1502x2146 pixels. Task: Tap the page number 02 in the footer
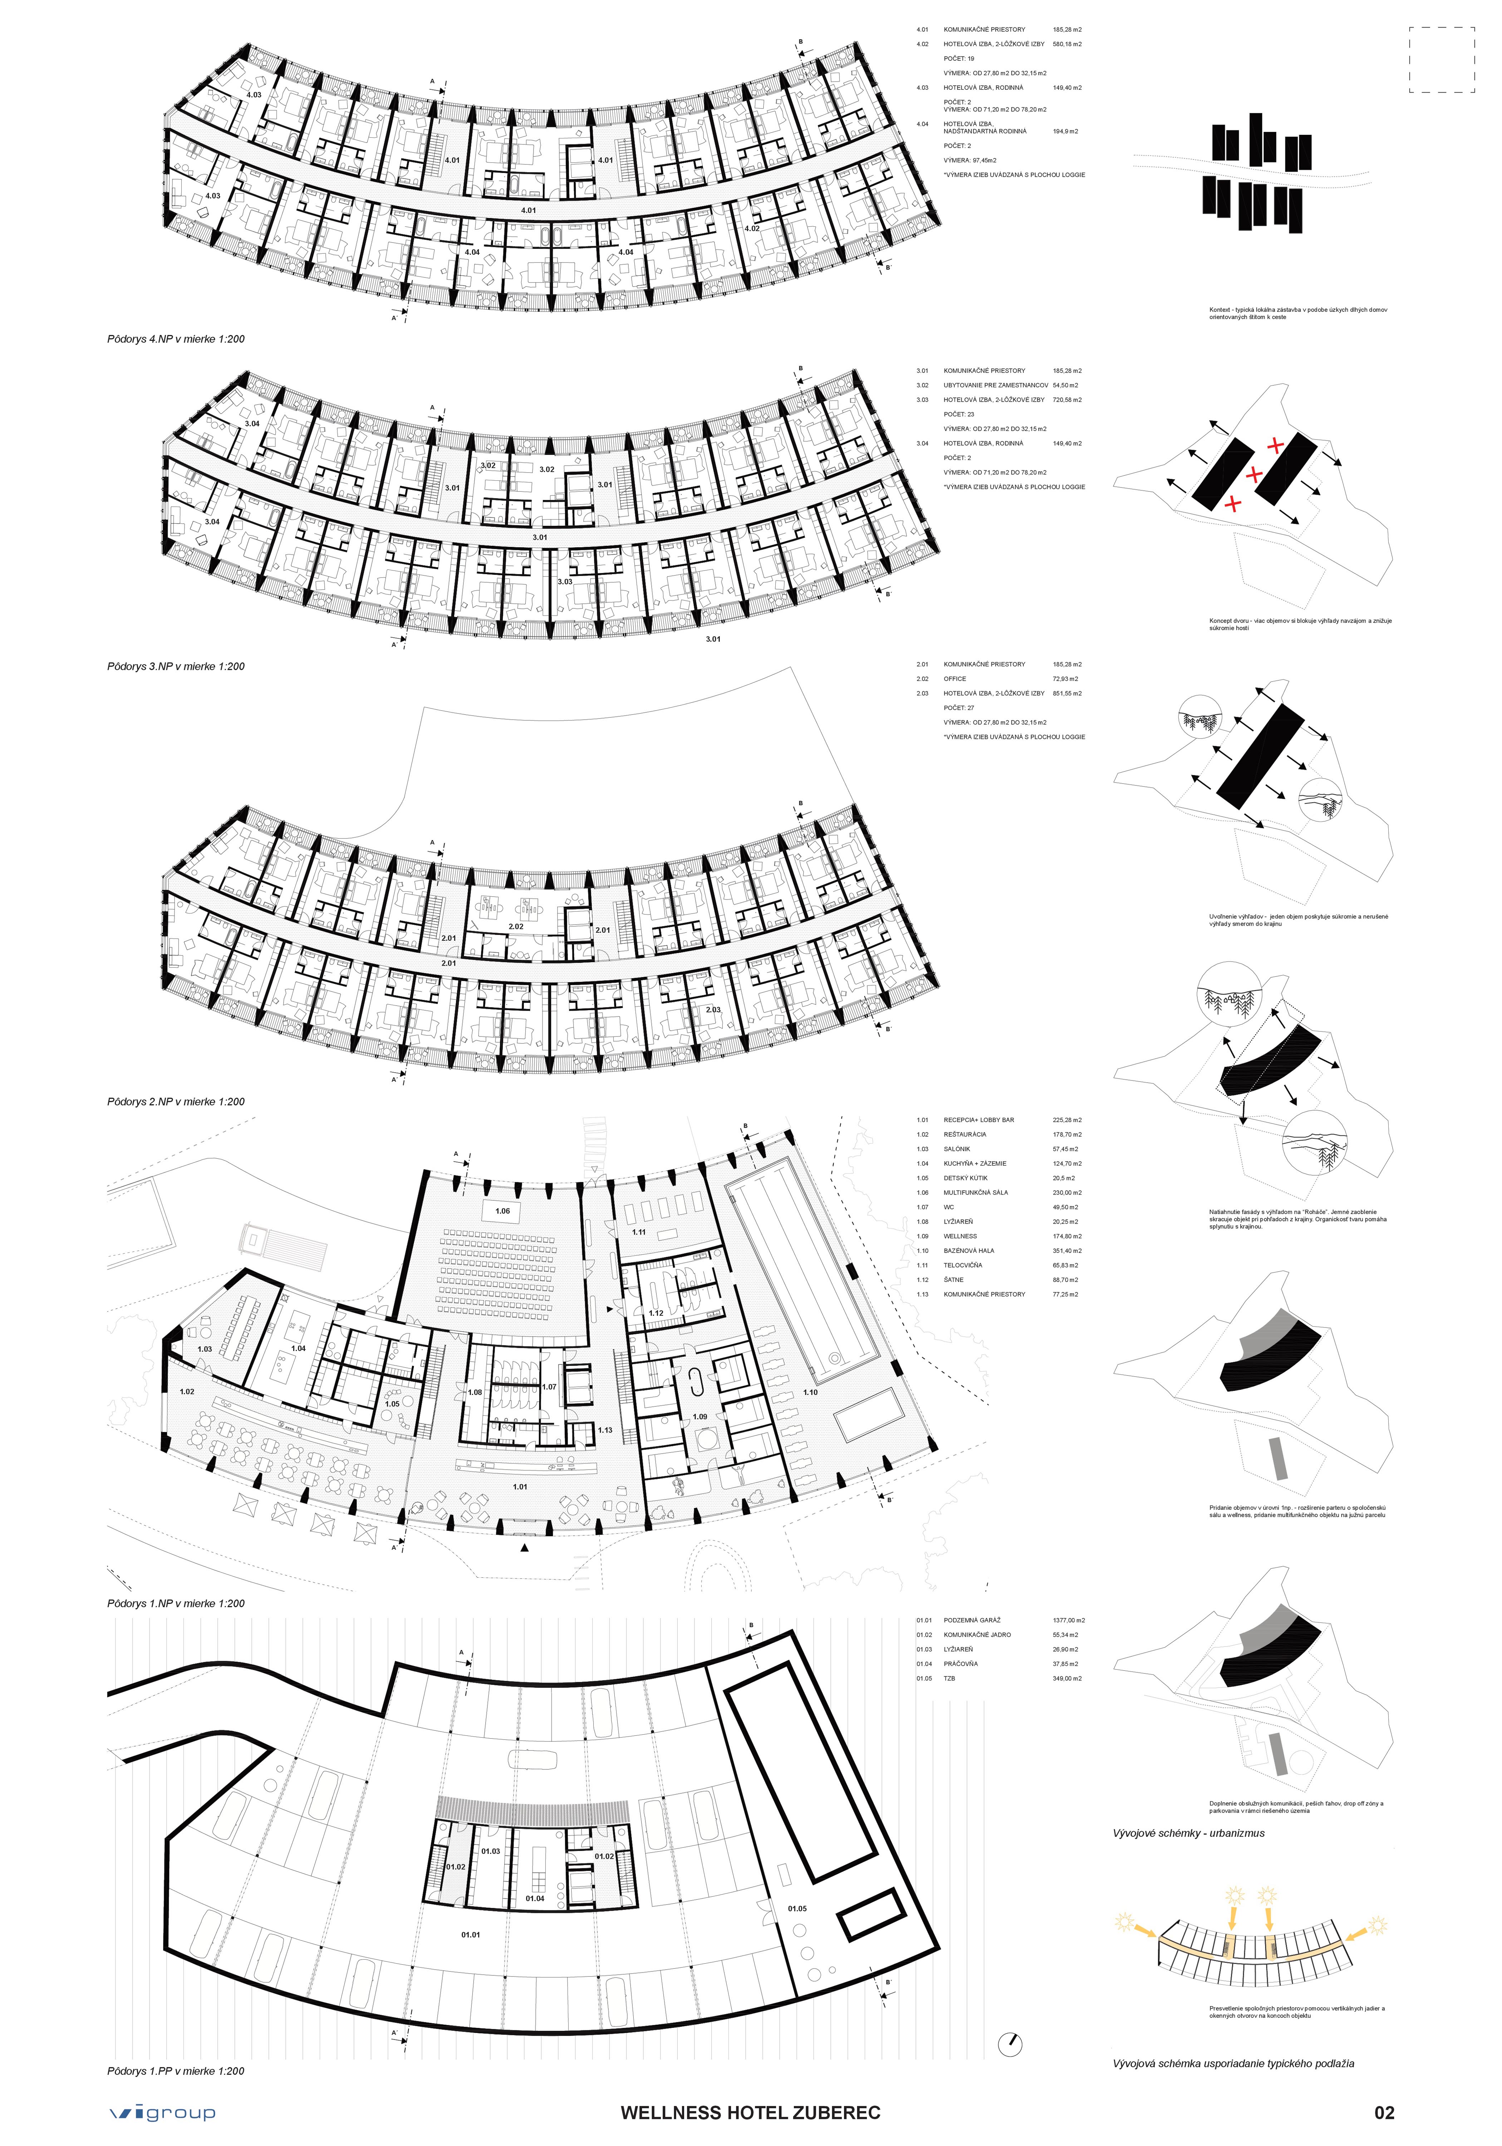click(1384, 2112)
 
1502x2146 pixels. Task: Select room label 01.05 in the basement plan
click(796, 1909)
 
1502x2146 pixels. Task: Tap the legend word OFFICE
click(954, 678)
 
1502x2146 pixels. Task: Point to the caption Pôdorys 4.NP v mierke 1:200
click(176, 339)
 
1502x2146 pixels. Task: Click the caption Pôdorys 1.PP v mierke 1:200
click(176, 2070)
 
